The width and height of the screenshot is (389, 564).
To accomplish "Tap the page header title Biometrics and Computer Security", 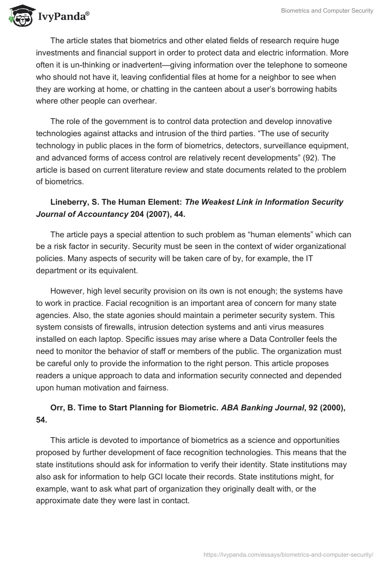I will (327, 11).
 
